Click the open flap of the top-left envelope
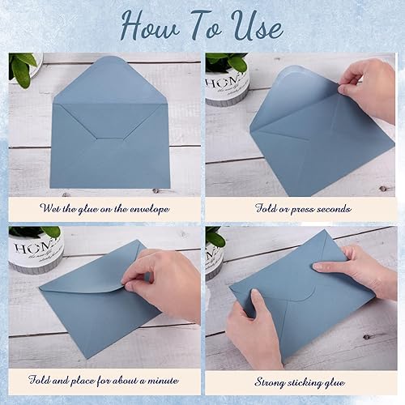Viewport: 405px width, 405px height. pos(110,81)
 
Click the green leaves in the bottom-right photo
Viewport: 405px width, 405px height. pos(214,237)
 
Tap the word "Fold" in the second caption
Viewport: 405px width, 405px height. pos(270,209)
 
